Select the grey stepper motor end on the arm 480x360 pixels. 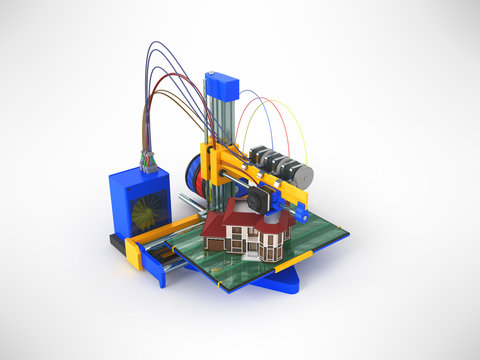tap(301, 176)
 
